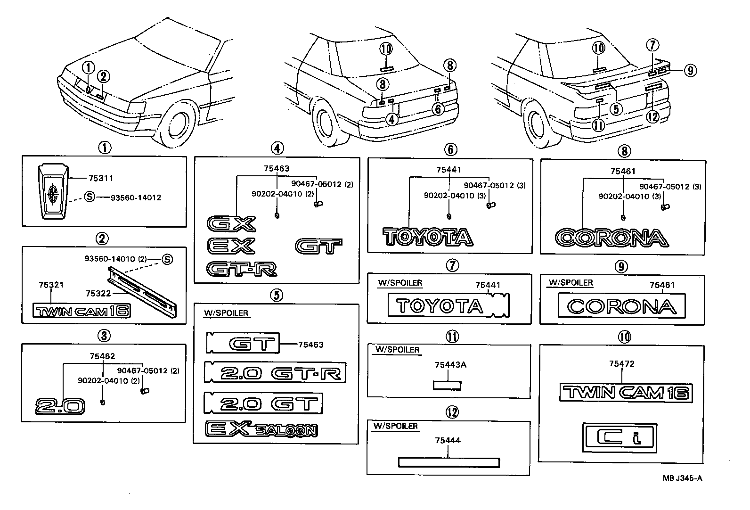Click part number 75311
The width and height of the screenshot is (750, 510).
pyautogui.click(x=101, y=178)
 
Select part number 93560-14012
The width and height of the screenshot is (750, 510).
pyautogui.click(x=136, y=197)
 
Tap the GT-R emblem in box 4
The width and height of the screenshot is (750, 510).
pyautogui.click(x=242, y=269)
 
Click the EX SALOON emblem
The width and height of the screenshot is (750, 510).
pyautogui.click(x=261, y=429)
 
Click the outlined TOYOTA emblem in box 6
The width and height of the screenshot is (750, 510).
pyautogui.click(x=427, y=237)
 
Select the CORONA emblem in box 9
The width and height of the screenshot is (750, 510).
pyautogui.click(x=621, y=306)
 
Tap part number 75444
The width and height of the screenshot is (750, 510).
pyautogui.click(x=448, y=440)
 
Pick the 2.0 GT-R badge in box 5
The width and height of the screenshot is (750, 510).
pyautogui.click(x=275, y=373)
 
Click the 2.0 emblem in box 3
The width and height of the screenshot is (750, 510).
pyautogui.click(x=60, y=406)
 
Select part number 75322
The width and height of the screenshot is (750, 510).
pyautogui.click(x=98, y=293)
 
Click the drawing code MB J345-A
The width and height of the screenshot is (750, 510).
pyautogui.click(x=682, y=478)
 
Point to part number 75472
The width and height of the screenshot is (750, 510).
pyautogui.click(x=621, y=363)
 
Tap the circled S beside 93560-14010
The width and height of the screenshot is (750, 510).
pyautogui.click(x=167, y=259)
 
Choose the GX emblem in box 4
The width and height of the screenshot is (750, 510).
pyautogui.click(x=231, y=224)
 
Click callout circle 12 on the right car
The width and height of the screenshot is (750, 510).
pyautogui.click(x=652, y=116)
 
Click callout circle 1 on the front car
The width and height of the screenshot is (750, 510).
pyautogui.click(x=88, y=68)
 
